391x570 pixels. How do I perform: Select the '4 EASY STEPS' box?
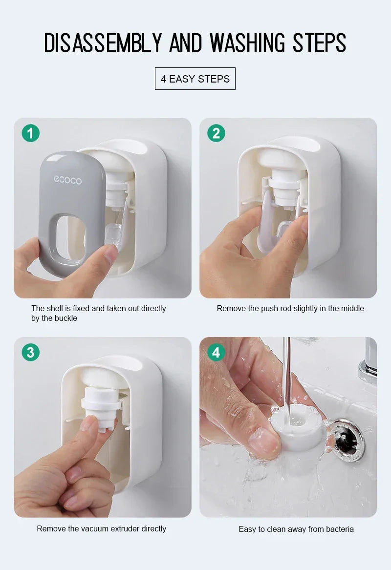[x=195, y=79]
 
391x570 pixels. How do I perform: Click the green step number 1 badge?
[x=30, y=133]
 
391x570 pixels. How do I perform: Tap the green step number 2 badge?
[x=216, y=133]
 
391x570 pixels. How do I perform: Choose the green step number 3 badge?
[x=30, y=352]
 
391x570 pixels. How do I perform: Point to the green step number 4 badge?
[x=216, y=352]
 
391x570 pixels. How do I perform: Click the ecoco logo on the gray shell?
[x=67, y=180]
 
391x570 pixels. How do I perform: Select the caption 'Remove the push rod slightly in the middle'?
[x=290, y=308]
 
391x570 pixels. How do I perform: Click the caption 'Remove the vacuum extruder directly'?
[x=101, y=528]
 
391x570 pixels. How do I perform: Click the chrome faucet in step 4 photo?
[x=369, y=361]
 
